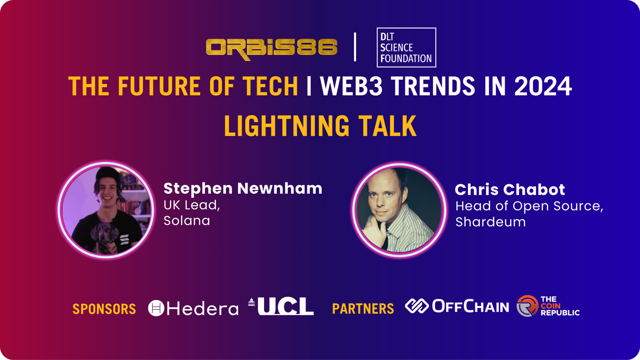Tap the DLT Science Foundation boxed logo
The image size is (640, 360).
coord(406,48)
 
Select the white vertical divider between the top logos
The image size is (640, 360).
coord(355,47)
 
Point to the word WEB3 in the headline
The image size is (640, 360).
coord(351,86)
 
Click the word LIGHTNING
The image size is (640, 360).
coord(286,126)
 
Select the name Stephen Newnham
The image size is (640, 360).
coord(243,188)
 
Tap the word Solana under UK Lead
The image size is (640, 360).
coord(187,220)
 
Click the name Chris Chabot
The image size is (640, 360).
coord(510,190)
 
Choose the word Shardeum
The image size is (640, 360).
coord(490,222)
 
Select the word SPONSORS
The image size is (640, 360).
coord(104,309)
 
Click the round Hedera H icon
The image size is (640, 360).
coord(156,308)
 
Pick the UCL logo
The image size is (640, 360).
coord(281,306)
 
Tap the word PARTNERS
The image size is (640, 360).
coord(363,308)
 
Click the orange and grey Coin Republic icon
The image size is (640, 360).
coord(528,306)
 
